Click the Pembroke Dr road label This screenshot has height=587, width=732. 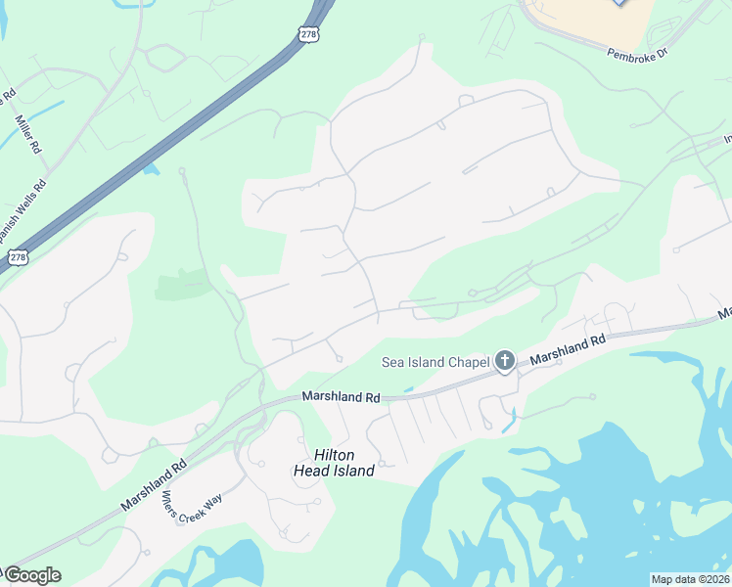(x=635, y=52)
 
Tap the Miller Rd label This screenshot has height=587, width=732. (x=27, y=134)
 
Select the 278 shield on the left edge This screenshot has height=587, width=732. (x=18, y=257)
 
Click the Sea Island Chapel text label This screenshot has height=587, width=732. (x=435, y=363)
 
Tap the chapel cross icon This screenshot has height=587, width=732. (x=504, y=363)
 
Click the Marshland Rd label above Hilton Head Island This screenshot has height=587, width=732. (x=341, y=397)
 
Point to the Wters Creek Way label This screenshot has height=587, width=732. (x=192, y=508)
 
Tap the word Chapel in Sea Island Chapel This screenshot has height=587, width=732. (x=467, y=363)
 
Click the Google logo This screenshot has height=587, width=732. (x=31, y=575)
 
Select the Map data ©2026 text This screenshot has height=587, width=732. (x=690, y=579)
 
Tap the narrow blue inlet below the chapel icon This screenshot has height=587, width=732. (x=509, y=422)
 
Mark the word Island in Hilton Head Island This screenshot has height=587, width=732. (x=353, y=471)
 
